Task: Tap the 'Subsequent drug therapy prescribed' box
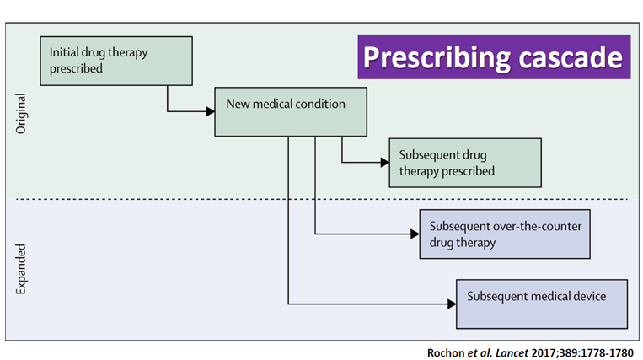(x=464, y=164)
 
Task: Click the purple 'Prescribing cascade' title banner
(x=494, y=56)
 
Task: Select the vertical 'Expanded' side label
(x=22, y=269)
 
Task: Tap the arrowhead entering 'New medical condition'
(x=210, y=111)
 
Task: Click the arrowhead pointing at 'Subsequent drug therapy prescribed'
(x=384, y=163)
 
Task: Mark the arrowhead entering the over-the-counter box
(x=415, y=234)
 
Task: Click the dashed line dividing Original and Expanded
(x=320, y=199)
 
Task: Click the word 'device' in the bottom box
(x=587, y=296)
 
